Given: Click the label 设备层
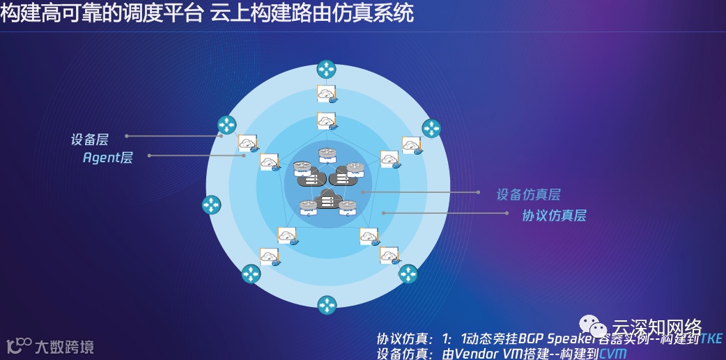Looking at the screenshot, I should click(x=89, y=139).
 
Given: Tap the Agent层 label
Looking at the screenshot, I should click(x=107, y=157).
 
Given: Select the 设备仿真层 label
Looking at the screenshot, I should click(x=528, y=195).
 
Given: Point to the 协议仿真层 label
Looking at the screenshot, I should click(x=554, y=215).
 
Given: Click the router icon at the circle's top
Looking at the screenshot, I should click(x=326, y=69).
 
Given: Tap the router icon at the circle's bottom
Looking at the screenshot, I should click(x=326, y=305).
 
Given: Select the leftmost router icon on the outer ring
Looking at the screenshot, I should click(x=211, y=205).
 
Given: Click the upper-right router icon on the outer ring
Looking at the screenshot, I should click(x=431, y=128).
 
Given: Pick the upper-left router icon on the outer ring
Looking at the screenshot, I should click(x=226, y=125).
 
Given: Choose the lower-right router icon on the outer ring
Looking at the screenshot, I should click(x=408, y=274).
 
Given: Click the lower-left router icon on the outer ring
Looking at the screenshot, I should click(x=251, y=274).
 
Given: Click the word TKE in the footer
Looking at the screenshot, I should click(x=711, y=339).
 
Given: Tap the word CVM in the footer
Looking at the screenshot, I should click(x=613, y=353).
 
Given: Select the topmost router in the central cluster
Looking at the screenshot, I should click(x=327, y=155).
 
